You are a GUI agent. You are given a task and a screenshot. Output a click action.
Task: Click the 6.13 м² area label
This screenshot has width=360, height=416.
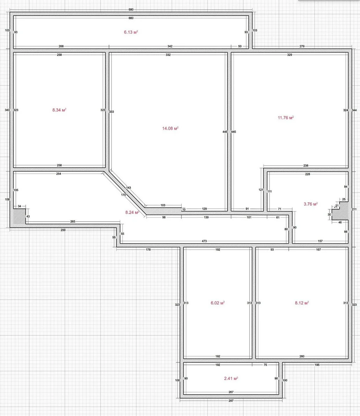pyautogui.click(x=131, y=32)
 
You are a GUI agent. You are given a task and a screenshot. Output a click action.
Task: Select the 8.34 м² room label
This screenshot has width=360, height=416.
pyautogui.click(x=59, y=110)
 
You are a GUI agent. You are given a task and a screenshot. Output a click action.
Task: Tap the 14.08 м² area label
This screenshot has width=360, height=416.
pyautogui.click(x=170, y=128)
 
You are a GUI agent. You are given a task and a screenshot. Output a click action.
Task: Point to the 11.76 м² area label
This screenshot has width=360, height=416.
pyautogui.click(x=286, y=118)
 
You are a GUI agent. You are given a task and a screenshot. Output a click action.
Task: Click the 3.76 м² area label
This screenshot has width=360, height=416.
pyautogui.click(x=311, y=204)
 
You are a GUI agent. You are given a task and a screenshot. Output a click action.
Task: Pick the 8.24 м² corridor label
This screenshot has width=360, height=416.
pyautogui.click(x=132, y=212)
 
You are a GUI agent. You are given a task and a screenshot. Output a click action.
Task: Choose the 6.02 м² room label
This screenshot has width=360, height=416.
pyautogui.click(x=217, y=303)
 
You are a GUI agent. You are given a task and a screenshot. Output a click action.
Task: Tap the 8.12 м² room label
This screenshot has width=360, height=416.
pyautogui.click(x=302, y=303)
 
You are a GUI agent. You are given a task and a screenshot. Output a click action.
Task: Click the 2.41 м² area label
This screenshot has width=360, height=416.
pyautogui.click(x=231, y=378)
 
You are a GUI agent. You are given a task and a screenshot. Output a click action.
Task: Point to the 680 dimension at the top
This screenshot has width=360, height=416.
pyautogui.click(x=131, y=10)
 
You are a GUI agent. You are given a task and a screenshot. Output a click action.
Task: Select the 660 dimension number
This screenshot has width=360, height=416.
pyautogui.click(x=131, y=18)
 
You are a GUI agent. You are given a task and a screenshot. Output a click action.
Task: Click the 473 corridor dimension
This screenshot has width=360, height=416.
pyautogui.click(x=204, y=241)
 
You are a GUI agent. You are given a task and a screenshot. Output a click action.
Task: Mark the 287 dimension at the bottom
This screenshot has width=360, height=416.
pyautogui.click(x=231, y=401)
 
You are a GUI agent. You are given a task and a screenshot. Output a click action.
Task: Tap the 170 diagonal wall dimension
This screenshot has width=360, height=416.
pyautogui.click(x=123, y=195)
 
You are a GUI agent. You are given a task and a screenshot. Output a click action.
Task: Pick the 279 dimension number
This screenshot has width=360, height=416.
pyautogui.click(x=302, y=46)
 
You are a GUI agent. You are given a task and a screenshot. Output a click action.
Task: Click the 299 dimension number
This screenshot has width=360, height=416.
pyautogui.click(x=63, y=230)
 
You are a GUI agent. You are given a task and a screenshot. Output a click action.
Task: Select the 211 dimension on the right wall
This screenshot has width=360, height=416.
pyautogui.click(x=354, y=209)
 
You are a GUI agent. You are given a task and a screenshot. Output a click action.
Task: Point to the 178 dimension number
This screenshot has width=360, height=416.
pyautogui.click(x=148, y=250)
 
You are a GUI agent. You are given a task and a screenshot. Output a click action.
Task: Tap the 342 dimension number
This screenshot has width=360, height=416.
pyautogui.click(x=170, y=46)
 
